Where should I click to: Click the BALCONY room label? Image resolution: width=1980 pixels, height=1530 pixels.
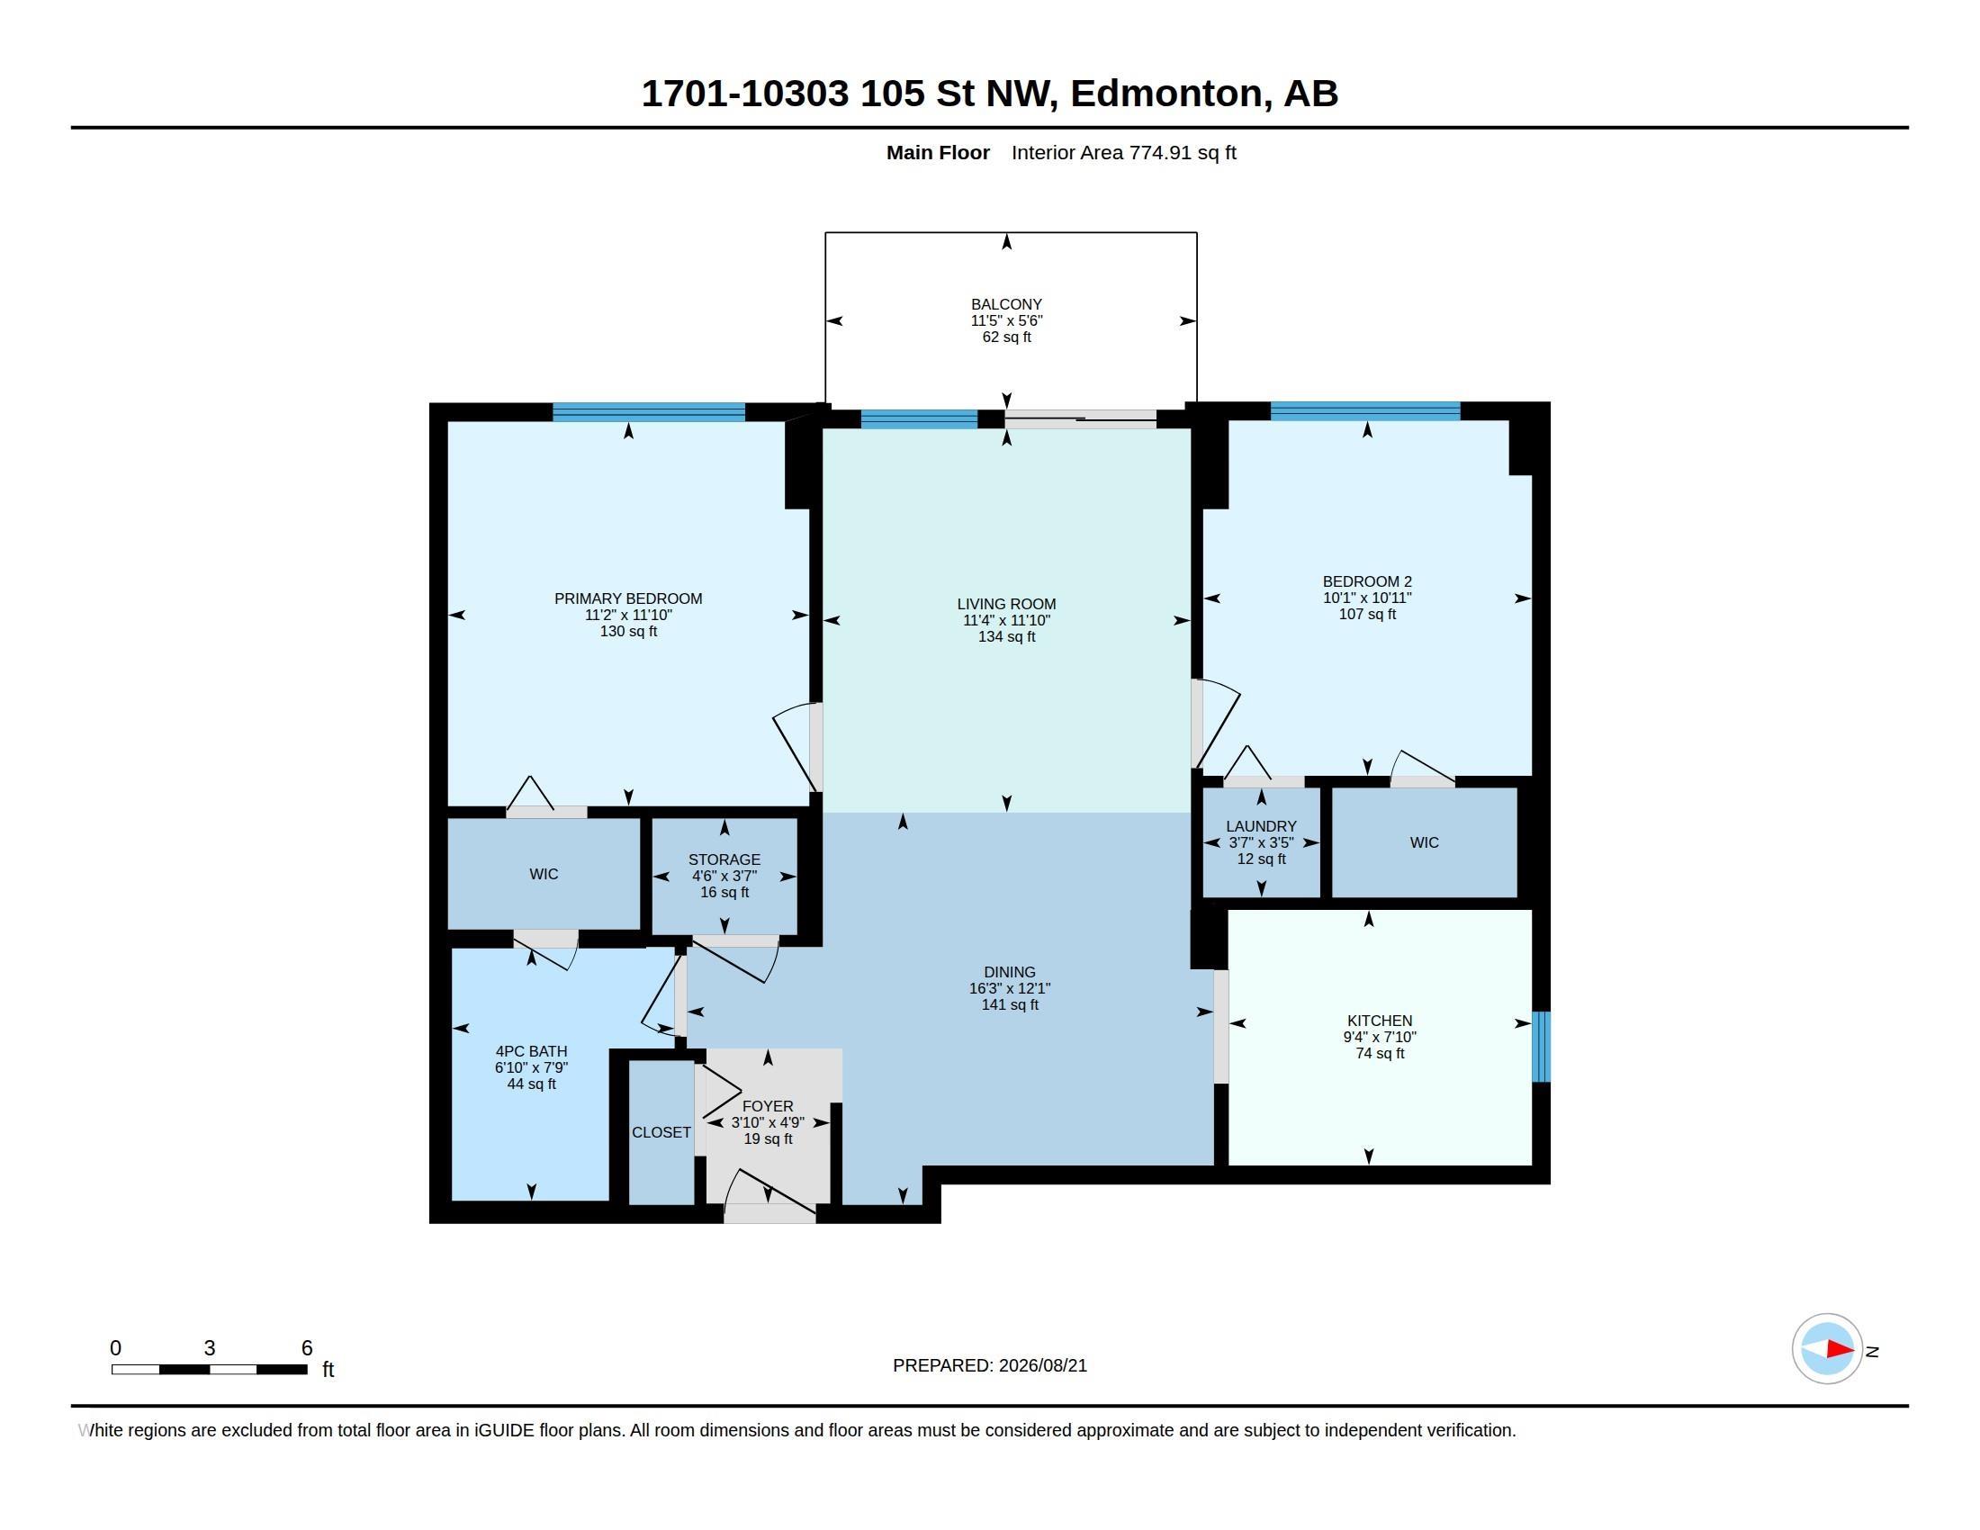(1006, 304)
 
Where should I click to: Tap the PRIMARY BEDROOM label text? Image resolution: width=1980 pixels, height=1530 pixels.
(628, 598)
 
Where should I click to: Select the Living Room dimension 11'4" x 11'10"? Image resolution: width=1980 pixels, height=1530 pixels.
(1006, 621)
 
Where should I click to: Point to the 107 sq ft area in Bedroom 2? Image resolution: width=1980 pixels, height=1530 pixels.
(1367, 615)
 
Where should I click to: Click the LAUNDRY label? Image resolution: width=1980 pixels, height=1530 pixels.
(1261, 826)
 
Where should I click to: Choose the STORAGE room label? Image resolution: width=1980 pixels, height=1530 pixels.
(724, 860)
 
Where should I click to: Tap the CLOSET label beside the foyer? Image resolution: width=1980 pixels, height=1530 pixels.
(661, 1133)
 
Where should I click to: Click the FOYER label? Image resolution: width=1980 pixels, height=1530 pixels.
(768, 1107)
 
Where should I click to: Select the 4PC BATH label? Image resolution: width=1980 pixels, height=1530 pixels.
(531, 1051)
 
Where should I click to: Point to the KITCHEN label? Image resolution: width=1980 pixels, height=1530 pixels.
(1380, 1021)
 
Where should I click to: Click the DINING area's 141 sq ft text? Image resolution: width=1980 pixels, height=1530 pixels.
(1010, 1005)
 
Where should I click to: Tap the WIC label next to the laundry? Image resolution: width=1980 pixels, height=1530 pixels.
(1425, 843)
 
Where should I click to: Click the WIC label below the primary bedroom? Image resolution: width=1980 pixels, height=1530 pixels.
(544, 875)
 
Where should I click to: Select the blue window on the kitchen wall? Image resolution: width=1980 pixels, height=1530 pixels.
(1541, 1047)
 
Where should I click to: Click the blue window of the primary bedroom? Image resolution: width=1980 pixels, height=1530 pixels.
(649, 411)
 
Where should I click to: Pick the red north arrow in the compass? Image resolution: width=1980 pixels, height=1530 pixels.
(1840, 1350)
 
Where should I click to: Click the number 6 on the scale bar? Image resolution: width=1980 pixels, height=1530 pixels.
(306, 1348)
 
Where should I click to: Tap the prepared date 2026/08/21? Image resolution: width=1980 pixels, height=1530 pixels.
(1042, 1366)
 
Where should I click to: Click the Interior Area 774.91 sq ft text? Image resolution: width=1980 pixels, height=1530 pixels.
(1124, 153)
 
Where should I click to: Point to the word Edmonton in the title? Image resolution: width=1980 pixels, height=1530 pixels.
(1166, 94)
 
